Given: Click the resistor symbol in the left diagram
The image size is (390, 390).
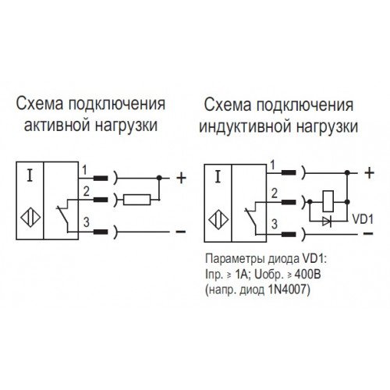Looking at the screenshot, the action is pyautogui.click(x=137, y=200).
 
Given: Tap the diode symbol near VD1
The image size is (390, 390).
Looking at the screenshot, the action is pyautogui.click(x=327, y=222).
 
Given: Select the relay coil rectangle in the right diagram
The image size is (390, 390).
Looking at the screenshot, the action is pyautogui.click(x=328, y=201).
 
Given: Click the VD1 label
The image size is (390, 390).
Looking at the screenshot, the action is pyautogui.click(x=363, y=219).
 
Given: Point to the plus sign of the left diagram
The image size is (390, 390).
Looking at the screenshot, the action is pyautogui.click(x=181, y=179).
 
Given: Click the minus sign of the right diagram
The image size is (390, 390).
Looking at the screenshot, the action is pyautogui.click(x=368, y=233).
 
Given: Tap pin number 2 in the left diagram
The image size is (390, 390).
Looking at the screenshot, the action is pyautogui.click(x=86, y=192).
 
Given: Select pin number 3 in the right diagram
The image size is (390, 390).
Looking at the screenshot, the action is pyautogui.click(x=275, y=224).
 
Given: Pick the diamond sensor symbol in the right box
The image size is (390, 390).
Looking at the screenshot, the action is pyautogui.click(x=218, y=220).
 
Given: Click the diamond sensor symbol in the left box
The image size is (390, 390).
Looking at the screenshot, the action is pyautogui.click(x=30, y=217).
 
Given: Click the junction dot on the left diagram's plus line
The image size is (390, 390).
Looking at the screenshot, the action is pyautogui.click(x=159, y=178).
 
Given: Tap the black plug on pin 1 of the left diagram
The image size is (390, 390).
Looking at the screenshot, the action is pyautogui.click(x=101, y=178).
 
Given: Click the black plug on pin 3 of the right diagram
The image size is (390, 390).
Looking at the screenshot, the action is pyautogui.click(x=289, y=235).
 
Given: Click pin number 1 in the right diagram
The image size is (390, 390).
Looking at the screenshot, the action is pyautogui.click(x=272, y=165).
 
